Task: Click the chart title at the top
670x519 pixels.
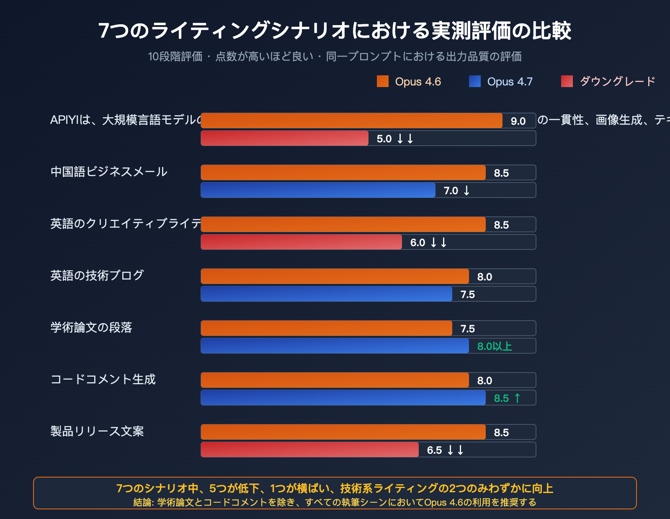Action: tap(335, 31)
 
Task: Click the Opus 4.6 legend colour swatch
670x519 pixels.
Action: tap(383, 81)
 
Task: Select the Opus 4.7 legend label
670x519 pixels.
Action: tap(510, 82)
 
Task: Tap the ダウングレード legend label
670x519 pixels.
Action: tap(617, 81)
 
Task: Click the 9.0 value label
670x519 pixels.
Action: tap(518, 121)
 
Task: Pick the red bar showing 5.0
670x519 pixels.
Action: tap(285, 138)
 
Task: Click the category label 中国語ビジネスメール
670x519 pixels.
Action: tap(109, 172)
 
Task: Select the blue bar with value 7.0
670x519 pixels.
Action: tap(318, 190)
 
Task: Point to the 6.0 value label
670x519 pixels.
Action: tap(417, 243)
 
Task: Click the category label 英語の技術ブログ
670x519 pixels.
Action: tap(97, 275)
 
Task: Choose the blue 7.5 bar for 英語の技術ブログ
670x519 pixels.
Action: tap(327, 294)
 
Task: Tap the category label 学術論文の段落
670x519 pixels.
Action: tap(91, 327)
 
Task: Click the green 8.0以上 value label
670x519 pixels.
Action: tap(495, 346)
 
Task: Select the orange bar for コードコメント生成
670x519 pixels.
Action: tap(335, 380)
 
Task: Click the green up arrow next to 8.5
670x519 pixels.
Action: tap(518, 398)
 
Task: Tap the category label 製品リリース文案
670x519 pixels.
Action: tap(97, 431)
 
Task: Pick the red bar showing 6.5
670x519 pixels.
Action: tap(310, 450)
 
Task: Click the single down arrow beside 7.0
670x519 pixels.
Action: tap(466, 191)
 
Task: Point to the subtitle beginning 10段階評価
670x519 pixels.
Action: tap(335, 57)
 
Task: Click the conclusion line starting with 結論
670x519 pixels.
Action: tap(335, 502)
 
